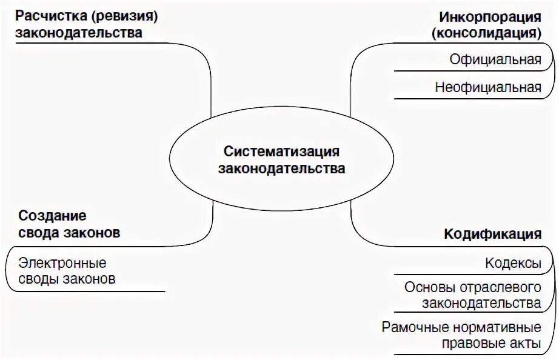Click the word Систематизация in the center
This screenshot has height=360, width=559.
tap(281, 151)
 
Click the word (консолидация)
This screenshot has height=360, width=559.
tap(486, 33)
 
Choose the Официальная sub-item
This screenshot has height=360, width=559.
tap(495, 59)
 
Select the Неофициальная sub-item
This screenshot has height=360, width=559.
tap(487, 87)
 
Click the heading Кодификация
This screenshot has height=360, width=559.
tap(492, 235)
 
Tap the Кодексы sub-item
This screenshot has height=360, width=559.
tap(513, 264)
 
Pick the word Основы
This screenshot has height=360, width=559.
tap(426, 287)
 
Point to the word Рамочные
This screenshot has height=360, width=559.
tap(415, 328)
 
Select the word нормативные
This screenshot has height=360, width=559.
tap(497, 328)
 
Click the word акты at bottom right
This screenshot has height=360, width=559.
tap(525, 344)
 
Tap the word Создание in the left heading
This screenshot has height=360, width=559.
tap(52, 216)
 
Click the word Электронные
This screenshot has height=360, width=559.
tap(62, 264)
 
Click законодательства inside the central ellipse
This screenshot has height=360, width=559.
tap(281, 168)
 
